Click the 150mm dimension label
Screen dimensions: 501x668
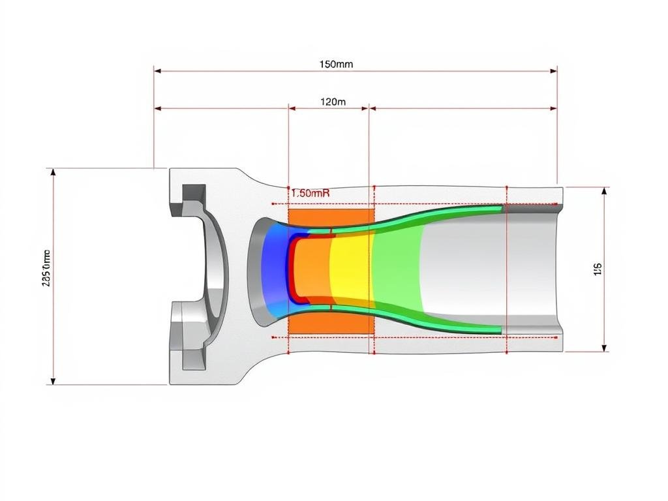click(x=336, y=64)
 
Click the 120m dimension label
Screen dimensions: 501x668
click(x=333, y=101)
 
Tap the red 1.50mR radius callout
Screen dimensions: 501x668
click(x=310, y=193)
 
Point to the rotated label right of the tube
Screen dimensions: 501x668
click(x=597, y=269)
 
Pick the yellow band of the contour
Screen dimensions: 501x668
click(x=350, y=269)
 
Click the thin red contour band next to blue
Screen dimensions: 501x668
click(x=292, y=269)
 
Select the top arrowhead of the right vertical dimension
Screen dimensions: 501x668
click(x=605, y=191)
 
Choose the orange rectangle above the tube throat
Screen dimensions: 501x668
click(x=329, y=219)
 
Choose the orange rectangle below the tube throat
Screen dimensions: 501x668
click(x=329, y=323)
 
